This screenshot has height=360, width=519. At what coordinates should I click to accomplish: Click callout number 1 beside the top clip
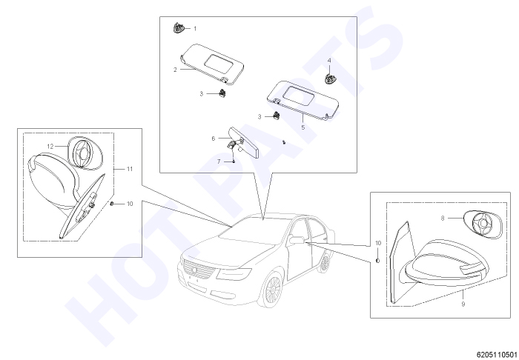(x=195, y=29)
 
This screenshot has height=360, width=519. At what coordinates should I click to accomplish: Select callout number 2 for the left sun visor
(x=175, y=70)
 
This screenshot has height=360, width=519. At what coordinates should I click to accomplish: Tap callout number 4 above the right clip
(x=329, y=61)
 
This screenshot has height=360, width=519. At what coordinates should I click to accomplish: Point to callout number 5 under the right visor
(x=303, y=127)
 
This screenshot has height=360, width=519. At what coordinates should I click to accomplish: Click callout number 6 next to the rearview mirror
(x=214, y=139)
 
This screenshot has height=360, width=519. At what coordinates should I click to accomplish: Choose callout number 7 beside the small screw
(x=219, y=161)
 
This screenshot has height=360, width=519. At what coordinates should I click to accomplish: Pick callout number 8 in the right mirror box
(x=443, y=219)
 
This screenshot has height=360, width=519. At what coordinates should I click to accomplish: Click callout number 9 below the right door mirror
(x=463, y=304)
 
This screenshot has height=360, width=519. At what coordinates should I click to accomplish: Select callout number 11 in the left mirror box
(x=130, y=169)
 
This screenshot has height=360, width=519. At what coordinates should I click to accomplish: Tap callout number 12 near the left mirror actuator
(x=50, y=147)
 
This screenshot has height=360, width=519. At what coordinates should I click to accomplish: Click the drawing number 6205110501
(x=497, y=354)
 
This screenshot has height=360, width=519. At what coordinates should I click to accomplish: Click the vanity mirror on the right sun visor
(x=298, y=94)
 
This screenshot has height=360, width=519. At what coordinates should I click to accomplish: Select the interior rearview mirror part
(x=243, y=144)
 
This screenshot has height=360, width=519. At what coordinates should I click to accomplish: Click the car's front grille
(x=199, y=271)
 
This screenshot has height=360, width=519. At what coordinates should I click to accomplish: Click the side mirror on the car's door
(x=296, y=239)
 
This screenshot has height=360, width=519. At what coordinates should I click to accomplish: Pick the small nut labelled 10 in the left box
(x=112, y=203)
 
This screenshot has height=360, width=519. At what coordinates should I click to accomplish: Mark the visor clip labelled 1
(x=178, y=28)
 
